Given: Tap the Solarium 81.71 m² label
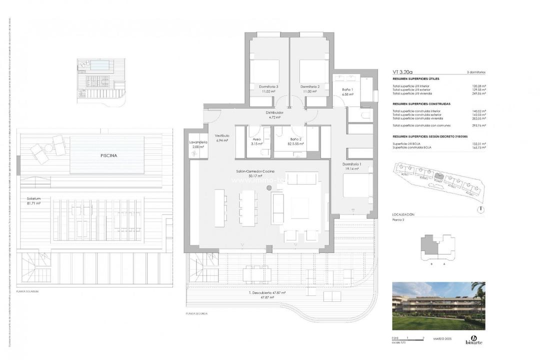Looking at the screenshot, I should point(33,201).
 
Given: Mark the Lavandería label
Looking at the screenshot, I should point(198,144).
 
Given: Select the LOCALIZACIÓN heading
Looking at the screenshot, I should point(403,214).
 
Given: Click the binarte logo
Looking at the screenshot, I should point(473,340).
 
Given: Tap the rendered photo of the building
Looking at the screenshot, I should point(438,305).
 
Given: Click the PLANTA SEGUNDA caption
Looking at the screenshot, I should point(196,313).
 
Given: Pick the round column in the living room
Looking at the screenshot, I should point(268,187).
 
